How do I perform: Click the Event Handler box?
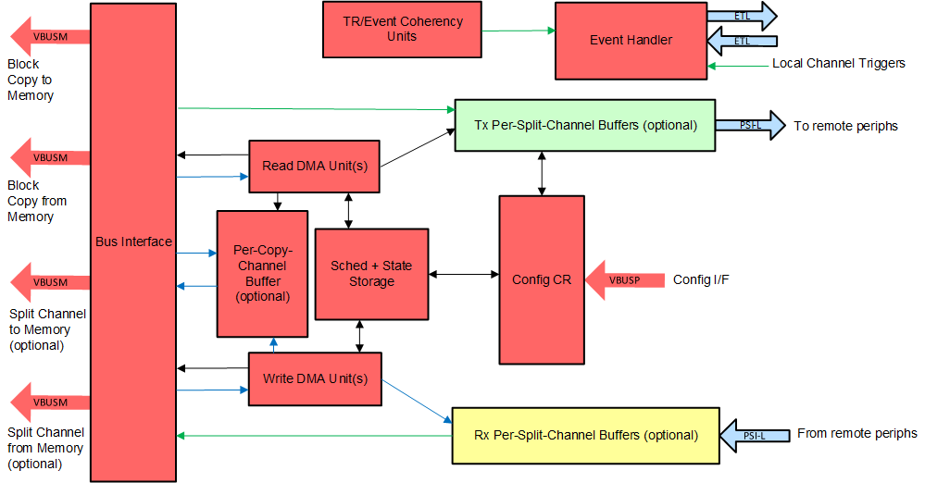coord(631,40)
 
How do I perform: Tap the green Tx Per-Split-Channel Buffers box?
coord(584,125)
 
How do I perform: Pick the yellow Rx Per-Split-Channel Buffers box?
coord(585,435)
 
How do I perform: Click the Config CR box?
coord(542,279)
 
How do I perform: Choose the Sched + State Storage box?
coord(371,274)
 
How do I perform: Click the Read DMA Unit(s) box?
coord(315,167)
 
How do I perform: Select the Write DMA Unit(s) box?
coord(315,378)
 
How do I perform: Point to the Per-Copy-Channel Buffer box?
coord(262,274)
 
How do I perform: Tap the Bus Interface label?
coord(133,241)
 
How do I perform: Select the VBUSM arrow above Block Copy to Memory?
coord(51,37)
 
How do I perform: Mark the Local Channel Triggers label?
coord(839,64)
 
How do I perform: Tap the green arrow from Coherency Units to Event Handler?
coord(515,31)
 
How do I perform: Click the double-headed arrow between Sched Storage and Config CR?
coord(464,274)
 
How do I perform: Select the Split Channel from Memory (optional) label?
coord(45,448)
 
